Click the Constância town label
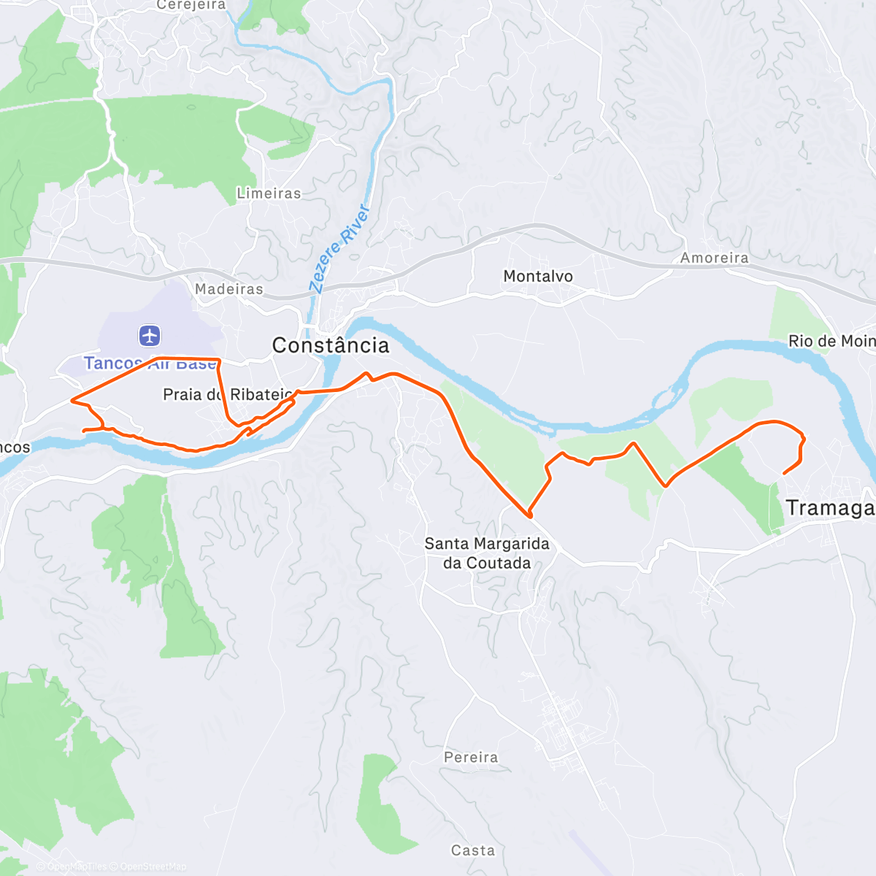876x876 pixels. point(331,345)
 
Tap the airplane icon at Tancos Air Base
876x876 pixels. point(150,336)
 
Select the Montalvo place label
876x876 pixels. point(538,276)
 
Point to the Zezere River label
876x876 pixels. point(340,248)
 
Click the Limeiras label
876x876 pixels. point(269,193)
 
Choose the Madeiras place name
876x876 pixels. point(228,289)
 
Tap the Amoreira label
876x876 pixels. point(714,258)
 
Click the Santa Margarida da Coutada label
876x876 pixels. point(486,553)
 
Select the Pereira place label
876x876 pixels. point(471,757)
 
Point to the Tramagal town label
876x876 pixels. point(829,507)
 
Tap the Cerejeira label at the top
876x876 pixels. point(191,5)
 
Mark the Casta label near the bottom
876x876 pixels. point(473,850)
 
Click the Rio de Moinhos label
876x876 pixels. point(831,341)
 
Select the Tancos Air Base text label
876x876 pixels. point(150,364)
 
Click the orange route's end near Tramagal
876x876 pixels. point(784,474)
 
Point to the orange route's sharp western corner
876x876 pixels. point(71,400)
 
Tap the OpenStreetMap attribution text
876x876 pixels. point(153,867)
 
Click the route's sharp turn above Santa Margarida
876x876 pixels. point(529,515)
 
